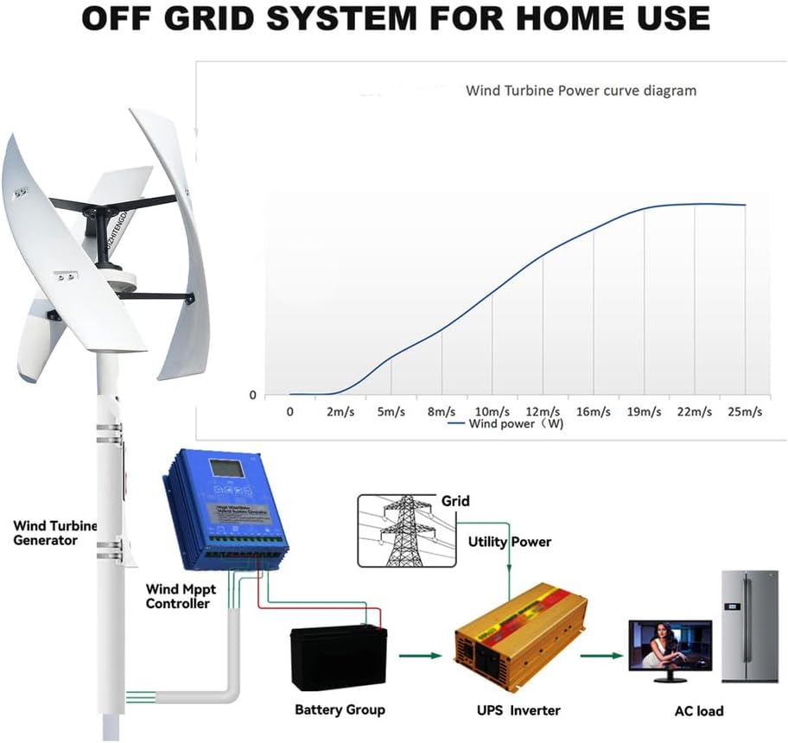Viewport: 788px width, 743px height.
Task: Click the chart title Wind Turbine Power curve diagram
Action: (x=581, y=90)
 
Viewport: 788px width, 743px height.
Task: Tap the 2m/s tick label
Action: (x=340, y=412)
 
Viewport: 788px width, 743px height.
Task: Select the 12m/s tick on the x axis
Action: (x=542, y=412)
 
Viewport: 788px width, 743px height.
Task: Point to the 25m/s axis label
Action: (x=745, y=412)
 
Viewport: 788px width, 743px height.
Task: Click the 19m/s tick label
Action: (x=644, y=412)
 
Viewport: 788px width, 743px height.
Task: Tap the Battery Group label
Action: (x=340, y=710)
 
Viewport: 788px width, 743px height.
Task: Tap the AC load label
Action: (x=699, y=711)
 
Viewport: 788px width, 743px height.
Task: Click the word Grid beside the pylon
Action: (x=456, y=500)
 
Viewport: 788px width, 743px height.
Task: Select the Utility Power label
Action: (x=509, y=542)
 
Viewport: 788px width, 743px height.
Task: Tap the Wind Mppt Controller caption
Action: (x=177, y=596)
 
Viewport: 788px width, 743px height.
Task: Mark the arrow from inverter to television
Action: (x=601, y=656)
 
